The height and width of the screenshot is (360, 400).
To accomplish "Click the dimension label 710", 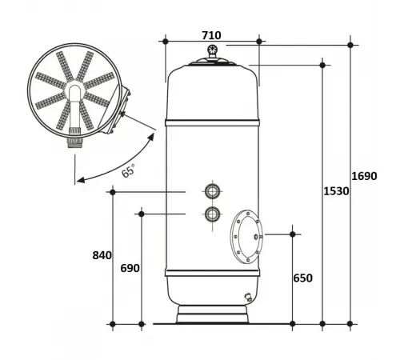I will [x=211, y=34].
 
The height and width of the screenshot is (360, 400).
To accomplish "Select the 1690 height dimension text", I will [x=365, y=177].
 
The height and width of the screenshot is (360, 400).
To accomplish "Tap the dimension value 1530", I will [x=336, y=192].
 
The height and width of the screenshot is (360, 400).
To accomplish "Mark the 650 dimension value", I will [x=302, y=278].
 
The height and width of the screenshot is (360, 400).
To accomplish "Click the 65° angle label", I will [x=128, y=170].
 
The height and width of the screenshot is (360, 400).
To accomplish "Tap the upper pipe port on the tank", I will [x=213, y=191].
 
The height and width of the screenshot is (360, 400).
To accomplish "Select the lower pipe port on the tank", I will [x=213, y=214].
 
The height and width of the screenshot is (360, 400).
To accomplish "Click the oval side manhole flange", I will [x=246, y=237].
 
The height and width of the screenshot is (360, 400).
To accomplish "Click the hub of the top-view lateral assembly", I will [x=75, y=87].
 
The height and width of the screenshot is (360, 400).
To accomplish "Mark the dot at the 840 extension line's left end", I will [x=113, y=192].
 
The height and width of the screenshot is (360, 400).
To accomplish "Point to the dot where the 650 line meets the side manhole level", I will [x=293, y=234].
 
